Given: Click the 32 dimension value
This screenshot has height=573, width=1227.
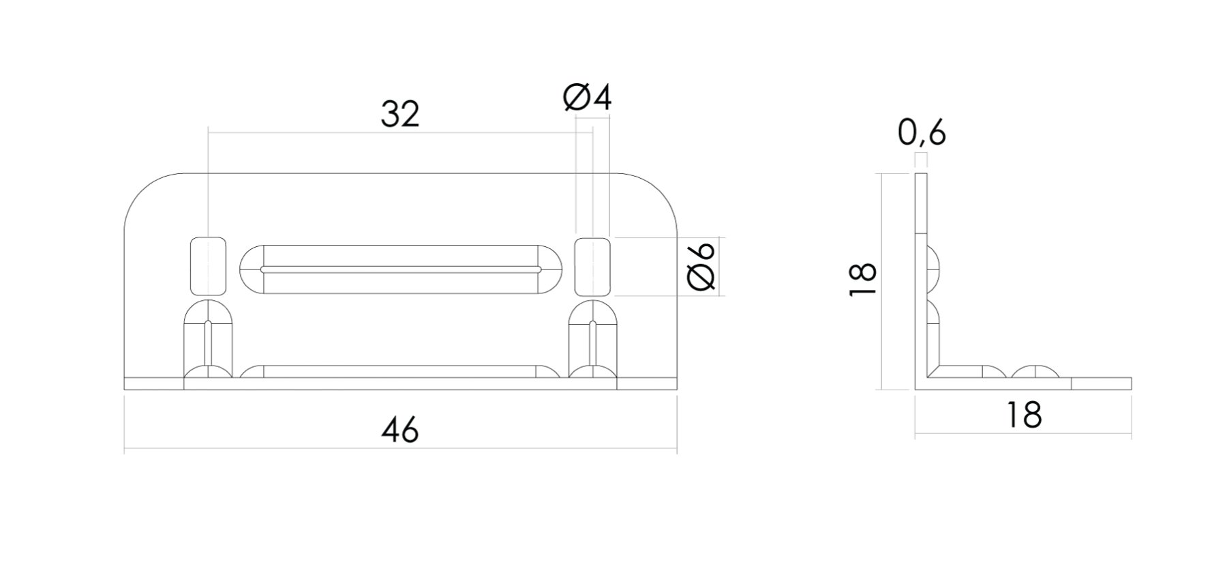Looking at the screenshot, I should pos(400,115).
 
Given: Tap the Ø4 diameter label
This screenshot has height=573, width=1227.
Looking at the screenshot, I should pos(588,98).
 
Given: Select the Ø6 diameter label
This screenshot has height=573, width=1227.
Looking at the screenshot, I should pos(702,267).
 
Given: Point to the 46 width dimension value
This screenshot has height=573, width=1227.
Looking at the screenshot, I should pos(400,430).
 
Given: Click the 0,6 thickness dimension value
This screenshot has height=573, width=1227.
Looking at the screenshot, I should pos(922,133).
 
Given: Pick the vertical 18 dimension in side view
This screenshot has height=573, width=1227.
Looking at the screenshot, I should pos(864,279).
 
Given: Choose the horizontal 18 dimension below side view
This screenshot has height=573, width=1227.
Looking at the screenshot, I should pos(1024,415).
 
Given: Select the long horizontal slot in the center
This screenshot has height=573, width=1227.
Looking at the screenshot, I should pos(401,269).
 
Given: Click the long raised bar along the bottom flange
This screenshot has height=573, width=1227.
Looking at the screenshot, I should pos(401,372).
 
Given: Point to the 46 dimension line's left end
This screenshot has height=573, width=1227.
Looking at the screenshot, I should pos(125,450).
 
